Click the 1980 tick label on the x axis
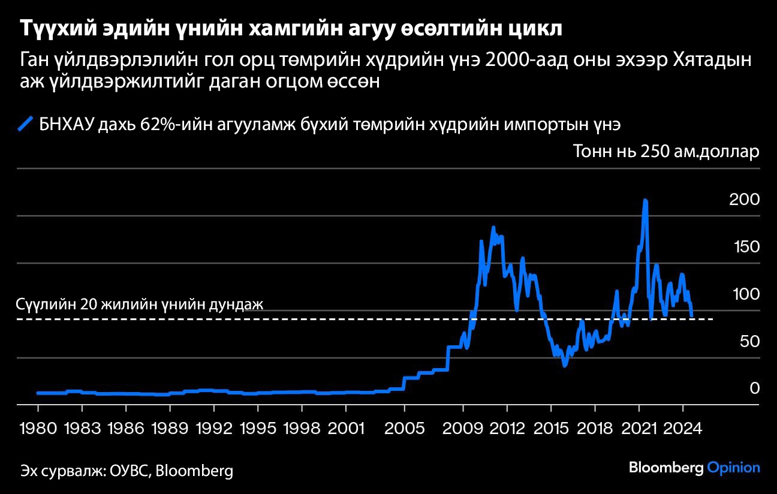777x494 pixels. (x=37, y=429)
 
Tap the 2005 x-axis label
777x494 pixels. (x=405, y=429)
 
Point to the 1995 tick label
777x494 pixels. (x=258, y=429)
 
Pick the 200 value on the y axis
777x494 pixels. (x=744, y=200)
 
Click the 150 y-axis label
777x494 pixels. (x=744, y=247)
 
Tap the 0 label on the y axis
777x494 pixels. (x=755, y=388)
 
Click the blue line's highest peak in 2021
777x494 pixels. (x=645, y=200)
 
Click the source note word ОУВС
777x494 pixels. (x=130, y=471)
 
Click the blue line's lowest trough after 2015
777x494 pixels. (x=564, y=365)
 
